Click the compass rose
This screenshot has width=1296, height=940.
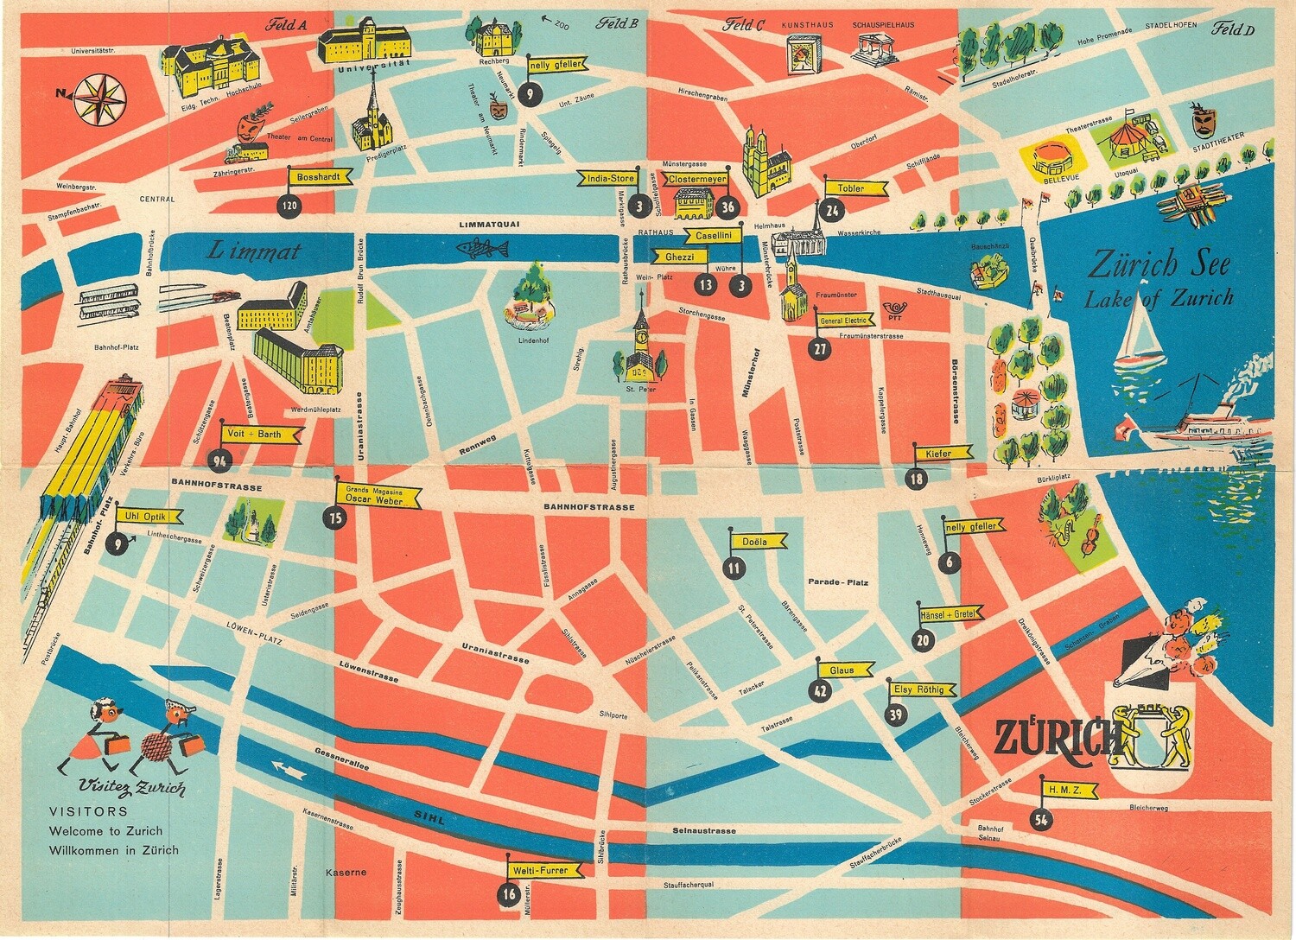[99, 97]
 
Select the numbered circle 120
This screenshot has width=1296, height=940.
[289, 206]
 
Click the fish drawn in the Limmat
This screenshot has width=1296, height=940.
[482, 249]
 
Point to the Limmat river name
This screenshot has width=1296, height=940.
[254, 251]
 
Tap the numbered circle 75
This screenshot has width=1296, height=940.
[335, 518]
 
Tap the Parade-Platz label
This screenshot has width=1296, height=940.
[837, 582]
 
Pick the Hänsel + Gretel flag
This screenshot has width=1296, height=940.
[949, 614]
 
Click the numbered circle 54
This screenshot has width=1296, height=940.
[1041, 819]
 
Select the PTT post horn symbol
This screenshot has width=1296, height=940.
[893, 308]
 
